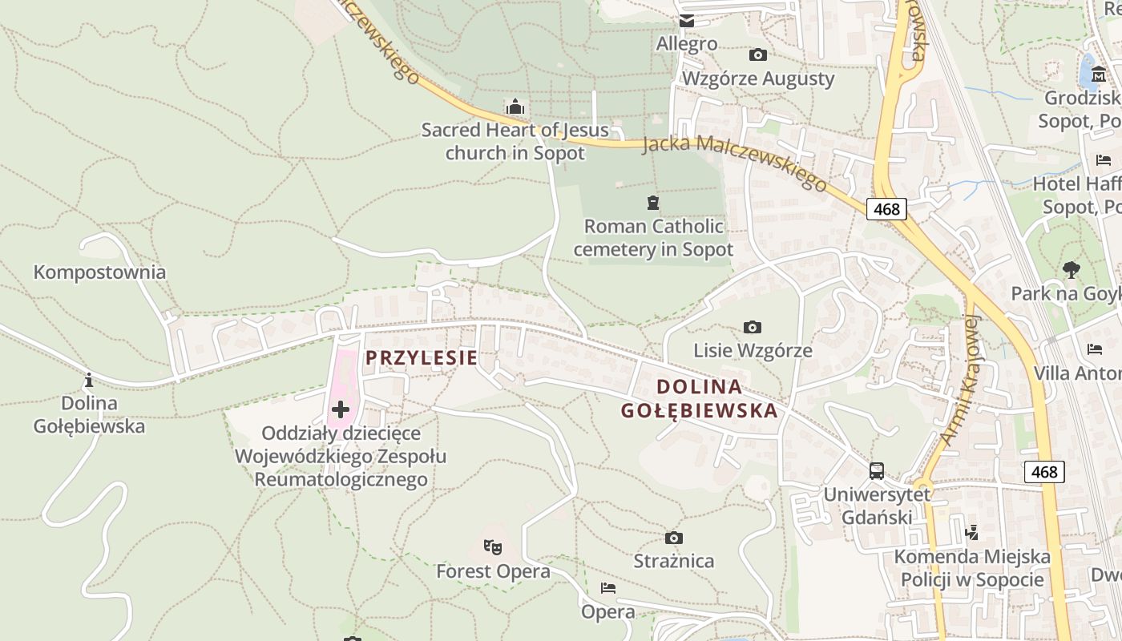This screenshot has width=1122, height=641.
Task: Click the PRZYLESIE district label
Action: pos(422,358)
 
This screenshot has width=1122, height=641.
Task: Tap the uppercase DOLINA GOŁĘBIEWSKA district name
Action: pos(699,399)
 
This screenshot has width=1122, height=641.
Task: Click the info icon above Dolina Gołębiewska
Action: pos(89,380)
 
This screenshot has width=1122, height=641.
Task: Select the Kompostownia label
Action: pos(99,272)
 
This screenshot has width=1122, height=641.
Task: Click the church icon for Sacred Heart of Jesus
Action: pos(515,107)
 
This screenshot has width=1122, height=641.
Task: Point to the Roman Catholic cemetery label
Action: pos(653,238)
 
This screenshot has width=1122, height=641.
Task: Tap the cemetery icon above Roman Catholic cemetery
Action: pos(654,203)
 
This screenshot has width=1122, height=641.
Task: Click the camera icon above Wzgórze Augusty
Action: pos(757,55)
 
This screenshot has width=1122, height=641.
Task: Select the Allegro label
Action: pos(687,43)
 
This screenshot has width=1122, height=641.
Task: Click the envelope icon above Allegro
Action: pos(687,21)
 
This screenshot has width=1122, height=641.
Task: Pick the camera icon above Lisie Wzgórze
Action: pos(752,327)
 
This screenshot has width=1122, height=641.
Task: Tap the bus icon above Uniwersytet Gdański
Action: pos(877,471)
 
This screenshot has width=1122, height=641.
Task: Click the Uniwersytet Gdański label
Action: pos(877,506)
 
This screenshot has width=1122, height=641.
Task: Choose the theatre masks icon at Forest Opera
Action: pos(493,548)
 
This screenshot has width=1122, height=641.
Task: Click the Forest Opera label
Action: pos(493,571)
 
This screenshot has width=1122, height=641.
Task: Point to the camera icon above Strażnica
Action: pos(674,538)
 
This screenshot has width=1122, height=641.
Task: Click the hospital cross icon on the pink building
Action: pos(341,410)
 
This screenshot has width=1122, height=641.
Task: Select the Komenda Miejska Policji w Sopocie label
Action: pos(971,568)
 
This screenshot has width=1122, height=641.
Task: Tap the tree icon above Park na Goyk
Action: pos(1071,270)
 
